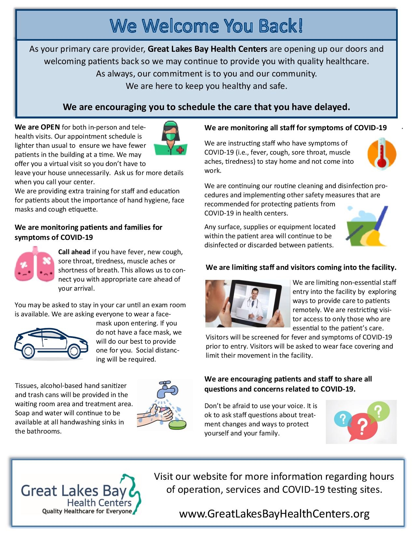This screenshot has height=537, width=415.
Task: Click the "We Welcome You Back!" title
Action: click(x=206, y=26)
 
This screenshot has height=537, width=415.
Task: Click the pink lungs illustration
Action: click(x=34, y=266)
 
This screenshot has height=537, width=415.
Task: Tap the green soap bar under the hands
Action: click(x=177, y=423)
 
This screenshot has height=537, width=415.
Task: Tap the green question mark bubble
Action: click(x=378, y=411)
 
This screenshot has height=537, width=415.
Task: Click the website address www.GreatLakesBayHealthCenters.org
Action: click(x=274, y=513)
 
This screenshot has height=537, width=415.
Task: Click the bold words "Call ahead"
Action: click(x=74, y=252)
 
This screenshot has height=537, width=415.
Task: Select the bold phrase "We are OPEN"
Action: click(x=37, y=127)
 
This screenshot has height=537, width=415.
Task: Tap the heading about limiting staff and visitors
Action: click(x=301, y=268)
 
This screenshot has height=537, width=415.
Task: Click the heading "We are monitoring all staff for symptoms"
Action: click(x=296, y=128)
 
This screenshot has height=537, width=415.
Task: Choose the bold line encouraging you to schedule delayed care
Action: click(x=206, y=107)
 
